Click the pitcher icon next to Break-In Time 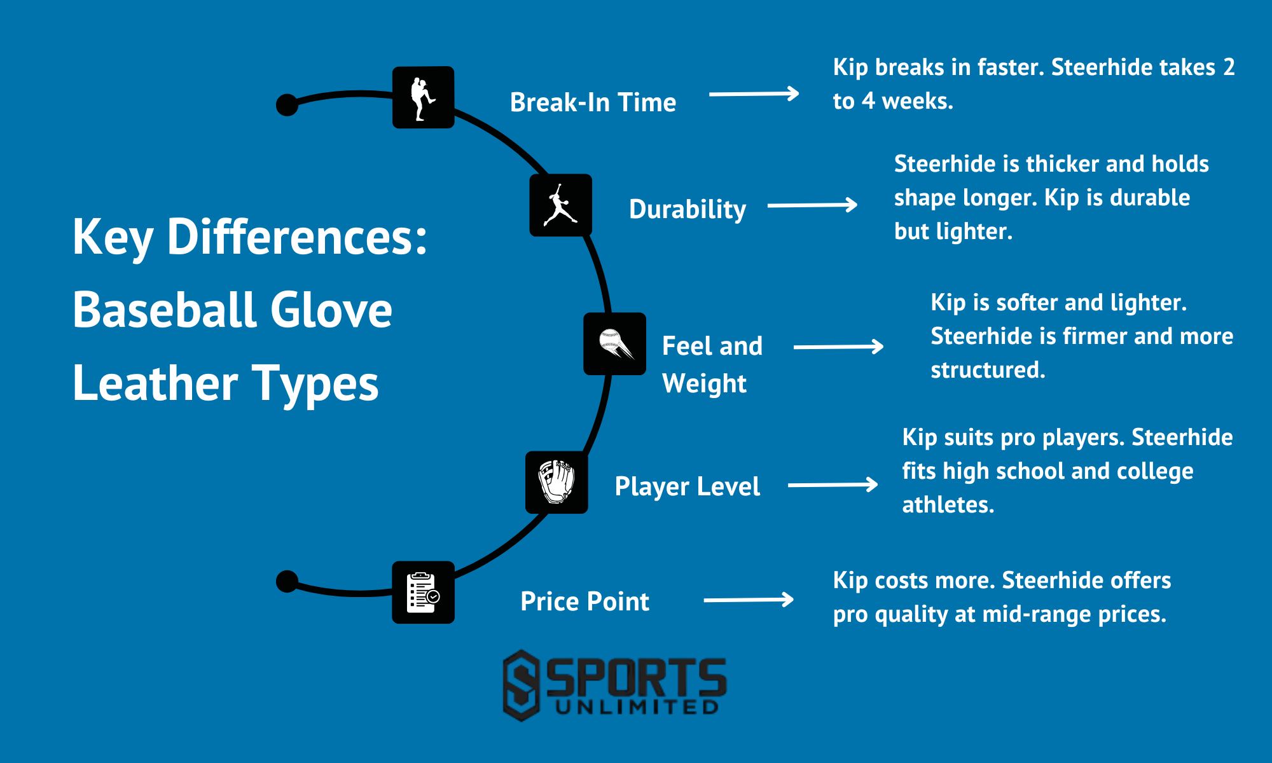tap(423, 97)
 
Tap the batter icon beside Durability tap(560, 205)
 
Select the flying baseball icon tap(614, 344)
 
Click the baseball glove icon tap(556, 483)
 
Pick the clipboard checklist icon tap(423, 593)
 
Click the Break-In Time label tap(593, 102)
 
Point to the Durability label tap(687, 209)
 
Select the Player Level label tap(687, 486)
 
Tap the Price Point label tap(584, 601)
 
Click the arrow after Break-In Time tap(754, 94)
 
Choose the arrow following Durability tap(812, 205)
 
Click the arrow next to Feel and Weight tap(838, 347)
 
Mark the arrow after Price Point tap(748, 600)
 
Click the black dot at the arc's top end tap(287, 105)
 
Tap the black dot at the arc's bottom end tap(287, 581)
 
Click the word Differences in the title tap(296, 237)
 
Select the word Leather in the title tap(155, 384)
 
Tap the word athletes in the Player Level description tap(948, 505)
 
